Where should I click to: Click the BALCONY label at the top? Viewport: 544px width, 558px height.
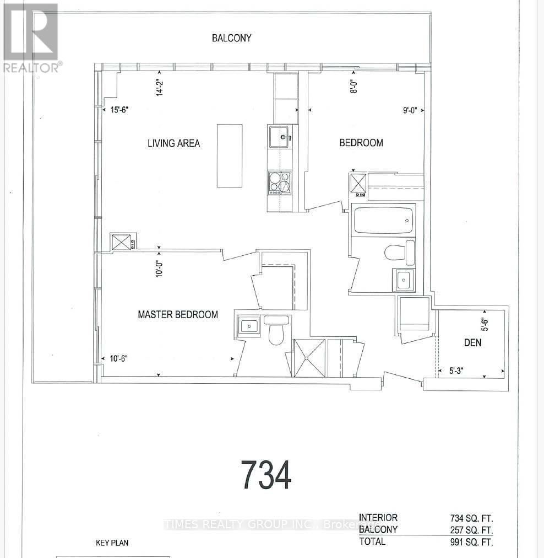pyautogui.click(x=232, y=38)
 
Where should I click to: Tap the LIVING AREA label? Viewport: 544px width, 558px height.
pyautogui.click(x=173, y=143)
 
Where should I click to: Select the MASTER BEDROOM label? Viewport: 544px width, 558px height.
pyautogui.click(x=178, y=315)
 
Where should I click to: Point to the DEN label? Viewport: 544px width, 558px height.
pyautogui.click(x=472, y=342)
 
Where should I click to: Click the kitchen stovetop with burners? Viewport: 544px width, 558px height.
pyautogui.click(x=279, y=183)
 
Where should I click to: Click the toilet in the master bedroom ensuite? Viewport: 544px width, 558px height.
pyautogui.click(x=274, y=331)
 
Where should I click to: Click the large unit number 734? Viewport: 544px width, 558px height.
pyautogui.click(x=266, y=475)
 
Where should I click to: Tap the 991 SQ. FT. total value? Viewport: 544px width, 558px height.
pyautogui.click(x=471, y=541)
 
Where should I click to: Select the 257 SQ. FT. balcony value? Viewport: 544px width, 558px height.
pyautogui.click(x=471, y=530)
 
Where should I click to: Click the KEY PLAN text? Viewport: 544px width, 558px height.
pyautogui.click(x=112, y=543)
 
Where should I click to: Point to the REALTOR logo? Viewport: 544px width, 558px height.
pyautogui.click(x=31, y=38)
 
